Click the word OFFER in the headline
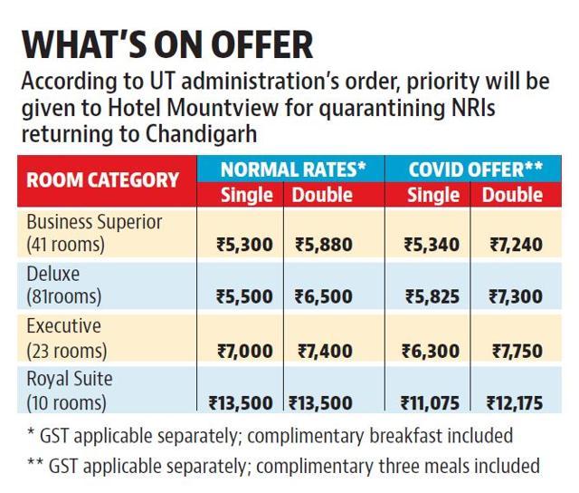tap(262, 45)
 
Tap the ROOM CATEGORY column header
tap(102, 180)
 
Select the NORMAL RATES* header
tap(293, 169)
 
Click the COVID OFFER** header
tap(476, 169)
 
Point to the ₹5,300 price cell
tap(244, 245)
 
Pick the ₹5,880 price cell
tap(324, 245)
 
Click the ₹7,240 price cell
tap(517, 245)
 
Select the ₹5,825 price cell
tap(432, 296)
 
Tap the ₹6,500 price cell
tap(324, 296)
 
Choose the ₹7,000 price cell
tap(245, 351)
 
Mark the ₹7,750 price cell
tap(517, 351)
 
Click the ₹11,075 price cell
tap(431, 402)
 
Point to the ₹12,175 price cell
tap(515, 402)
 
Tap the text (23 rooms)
tap(67, 351)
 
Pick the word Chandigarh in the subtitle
tap(201, 134)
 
